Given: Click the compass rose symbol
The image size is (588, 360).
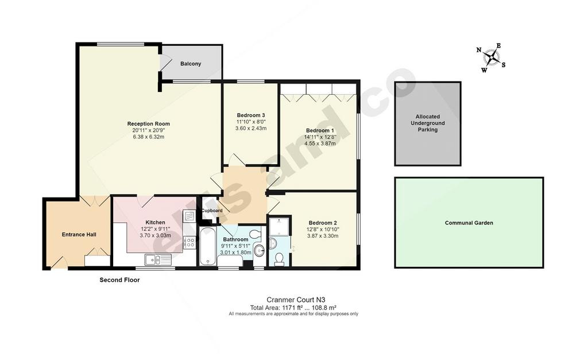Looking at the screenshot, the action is (x=492, y=58).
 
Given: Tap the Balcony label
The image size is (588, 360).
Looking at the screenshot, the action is (x=191, y=64).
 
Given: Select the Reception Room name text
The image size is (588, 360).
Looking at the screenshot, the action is (x=149, y=124).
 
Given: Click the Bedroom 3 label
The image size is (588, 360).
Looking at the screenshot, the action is (x=251, y=115).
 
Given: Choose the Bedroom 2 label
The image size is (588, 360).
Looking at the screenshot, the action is (x=323, y=223).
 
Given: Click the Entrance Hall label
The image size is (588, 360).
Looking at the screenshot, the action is (x=79, y=235).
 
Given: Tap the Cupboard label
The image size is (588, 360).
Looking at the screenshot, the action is (x=212, y=211).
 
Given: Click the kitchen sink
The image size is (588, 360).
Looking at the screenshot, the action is (x=158, y=259).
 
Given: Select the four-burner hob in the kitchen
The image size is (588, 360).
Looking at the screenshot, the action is (x=189, y=242).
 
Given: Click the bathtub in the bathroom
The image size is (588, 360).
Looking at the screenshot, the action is (x=207, y=246).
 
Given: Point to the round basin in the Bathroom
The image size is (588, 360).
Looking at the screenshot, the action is (x=259, y=250).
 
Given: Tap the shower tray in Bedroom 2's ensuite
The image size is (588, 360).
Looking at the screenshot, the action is (x=280, y=226).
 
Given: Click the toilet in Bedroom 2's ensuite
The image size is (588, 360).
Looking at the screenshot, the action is (x=279, y=259).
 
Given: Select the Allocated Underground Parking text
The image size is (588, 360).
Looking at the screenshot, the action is (x=427, y=123).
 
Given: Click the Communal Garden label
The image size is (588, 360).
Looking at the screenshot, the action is (x=469, y=223).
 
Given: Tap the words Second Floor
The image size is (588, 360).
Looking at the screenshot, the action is (x=119, y=280).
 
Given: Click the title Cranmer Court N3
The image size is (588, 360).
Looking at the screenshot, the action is (x=296, y=300).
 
